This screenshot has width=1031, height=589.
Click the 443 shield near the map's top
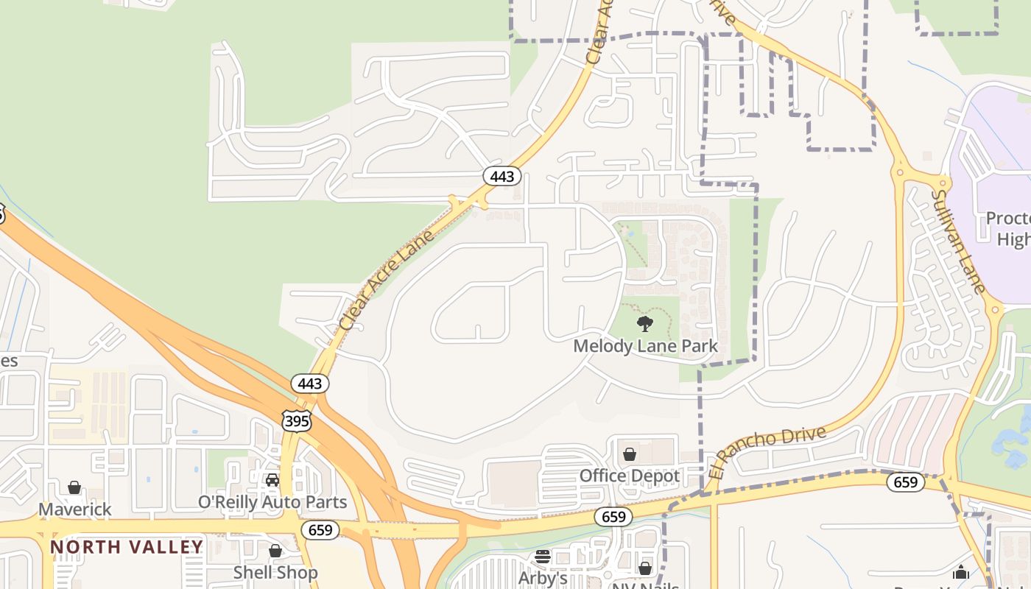click(502, 177)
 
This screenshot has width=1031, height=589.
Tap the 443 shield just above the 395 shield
click(310, 384)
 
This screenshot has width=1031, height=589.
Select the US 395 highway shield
click(296, 420)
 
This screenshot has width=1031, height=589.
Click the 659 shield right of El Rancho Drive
click(905, 482)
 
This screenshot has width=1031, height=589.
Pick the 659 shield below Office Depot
click(613, 517)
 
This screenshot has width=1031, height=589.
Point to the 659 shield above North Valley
click(320, 530)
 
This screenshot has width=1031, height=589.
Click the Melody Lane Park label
click(645, 345)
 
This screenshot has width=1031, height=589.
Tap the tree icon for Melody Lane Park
click(645, 323)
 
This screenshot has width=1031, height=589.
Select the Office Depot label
click(630, 476)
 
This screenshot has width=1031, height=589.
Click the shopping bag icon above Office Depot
click(630, 454)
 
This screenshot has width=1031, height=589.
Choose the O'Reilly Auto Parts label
click(272, 502)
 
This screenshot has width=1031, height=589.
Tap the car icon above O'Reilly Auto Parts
click(272, 480)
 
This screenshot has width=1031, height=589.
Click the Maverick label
click(75, 509)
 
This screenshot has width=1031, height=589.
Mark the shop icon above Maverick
click(74, 487)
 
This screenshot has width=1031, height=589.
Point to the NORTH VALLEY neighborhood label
click(127, 547)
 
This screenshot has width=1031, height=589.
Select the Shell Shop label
click(275, 572)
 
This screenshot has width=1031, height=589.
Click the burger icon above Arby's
click(543, 557)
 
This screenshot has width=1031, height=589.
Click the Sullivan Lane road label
click(958, 241)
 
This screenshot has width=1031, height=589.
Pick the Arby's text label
click(543, 578)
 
